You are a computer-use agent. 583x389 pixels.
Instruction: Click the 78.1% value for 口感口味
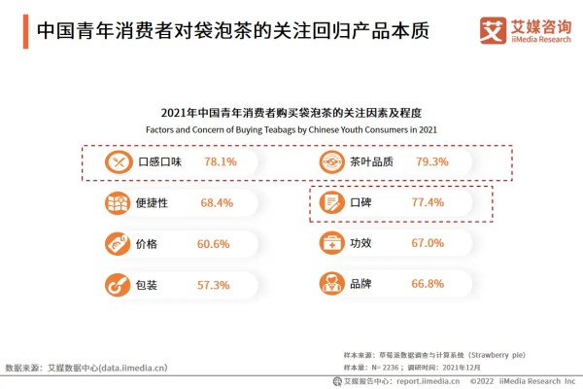[x=221, y=161]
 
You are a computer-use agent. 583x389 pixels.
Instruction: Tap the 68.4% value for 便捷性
[x=216, y=202]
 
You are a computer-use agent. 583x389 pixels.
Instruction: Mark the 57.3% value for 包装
[x=213, y=285]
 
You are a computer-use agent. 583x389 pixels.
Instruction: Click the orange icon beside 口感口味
[x=118, y=161]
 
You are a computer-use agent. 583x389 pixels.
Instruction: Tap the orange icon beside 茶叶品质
[x=332, y=161]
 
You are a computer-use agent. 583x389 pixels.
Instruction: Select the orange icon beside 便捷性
[x=118, y=202]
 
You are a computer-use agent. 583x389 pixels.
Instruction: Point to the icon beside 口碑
[x=332, y=202]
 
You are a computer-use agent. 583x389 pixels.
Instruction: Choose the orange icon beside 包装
[x=118, y=285]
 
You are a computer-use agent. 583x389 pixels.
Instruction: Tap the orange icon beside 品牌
[x=332, y=285]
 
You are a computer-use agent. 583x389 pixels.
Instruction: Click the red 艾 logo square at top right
[x=493, y=30]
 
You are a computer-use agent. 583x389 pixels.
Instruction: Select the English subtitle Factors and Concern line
[x=291, y=128]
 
